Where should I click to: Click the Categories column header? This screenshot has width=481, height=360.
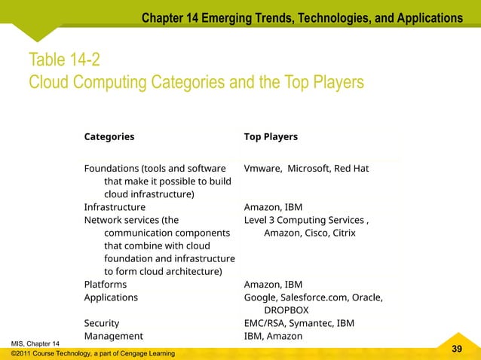[109, 137]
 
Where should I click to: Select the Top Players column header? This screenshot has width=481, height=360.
[271, 137]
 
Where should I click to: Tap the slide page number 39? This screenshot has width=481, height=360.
[456, 349]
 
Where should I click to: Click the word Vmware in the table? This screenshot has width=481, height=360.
[262, 169]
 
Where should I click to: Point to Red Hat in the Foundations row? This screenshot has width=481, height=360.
[351, 169]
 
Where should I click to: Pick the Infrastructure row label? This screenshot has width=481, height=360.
[115, 207]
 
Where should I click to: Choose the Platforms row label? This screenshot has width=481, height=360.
[106, 285]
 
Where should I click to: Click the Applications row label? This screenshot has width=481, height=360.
[111, 297]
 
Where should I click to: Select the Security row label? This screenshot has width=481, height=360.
[103, 323]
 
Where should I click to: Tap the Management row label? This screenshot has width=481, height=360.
[113, 336]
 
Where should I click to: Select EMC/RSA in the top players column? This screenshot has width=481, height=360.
[265, 323]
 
